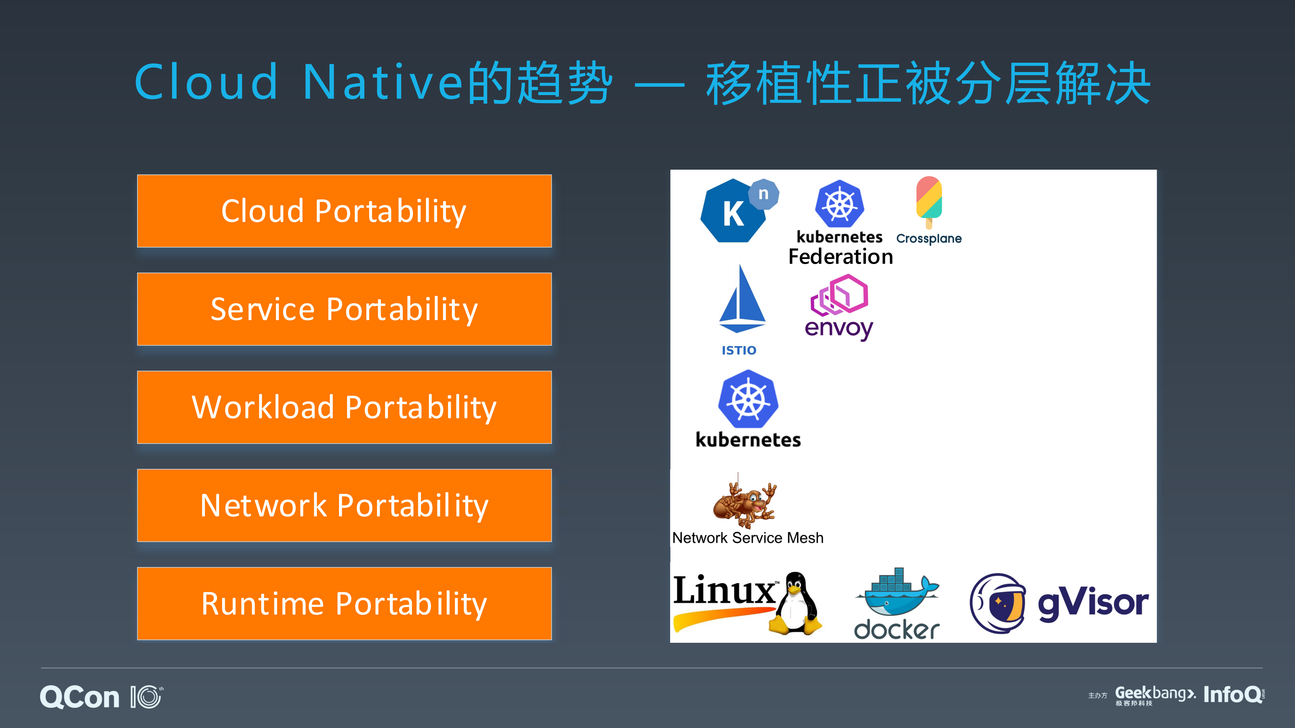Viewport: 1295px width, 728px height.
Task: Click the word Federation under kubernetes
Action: click(841, 257)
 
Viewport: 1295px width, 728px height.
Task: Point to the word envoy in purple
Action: click(839, 328)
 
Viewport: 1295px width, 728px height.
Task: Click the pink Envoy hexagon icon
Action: click(840, 295)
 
